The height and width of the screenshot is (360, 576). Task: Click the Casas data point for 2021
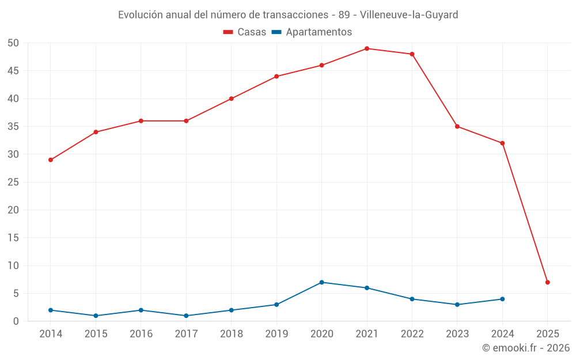367,48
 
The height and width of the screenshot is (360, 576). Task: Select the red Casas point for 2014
51,160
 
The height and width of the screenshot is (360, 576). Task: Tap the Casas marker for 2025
548,282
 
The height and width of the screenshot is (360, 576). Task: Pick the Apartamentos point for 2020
321,282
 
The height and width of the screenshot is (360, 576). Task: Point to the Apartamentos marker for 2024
502,299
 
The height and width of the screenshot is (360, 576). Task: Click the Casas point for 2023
457,126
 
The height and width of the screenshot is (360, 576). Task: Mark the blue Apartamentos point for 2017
186,316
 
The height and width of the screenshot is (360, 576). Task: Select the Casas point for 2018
232,98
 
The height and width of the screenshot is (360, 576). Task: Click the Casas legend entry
245,32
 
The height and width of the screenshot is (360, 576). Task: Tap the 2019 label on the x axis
276,334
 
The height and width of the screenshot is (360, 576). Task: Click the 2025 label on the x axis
548,334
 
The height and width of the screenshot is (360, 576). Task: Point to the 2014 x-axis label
51,334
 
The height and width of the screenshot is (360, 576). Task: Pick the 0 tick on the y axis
16,321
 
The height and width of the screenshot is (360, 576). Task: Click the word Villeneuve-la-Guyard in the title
409,14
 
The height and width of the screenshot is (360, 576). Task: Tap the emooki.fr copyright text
526,348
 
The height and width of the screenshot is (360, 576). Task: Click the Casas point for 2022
412,54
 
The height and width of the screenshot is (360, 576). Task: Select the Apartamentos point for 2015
96,316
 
